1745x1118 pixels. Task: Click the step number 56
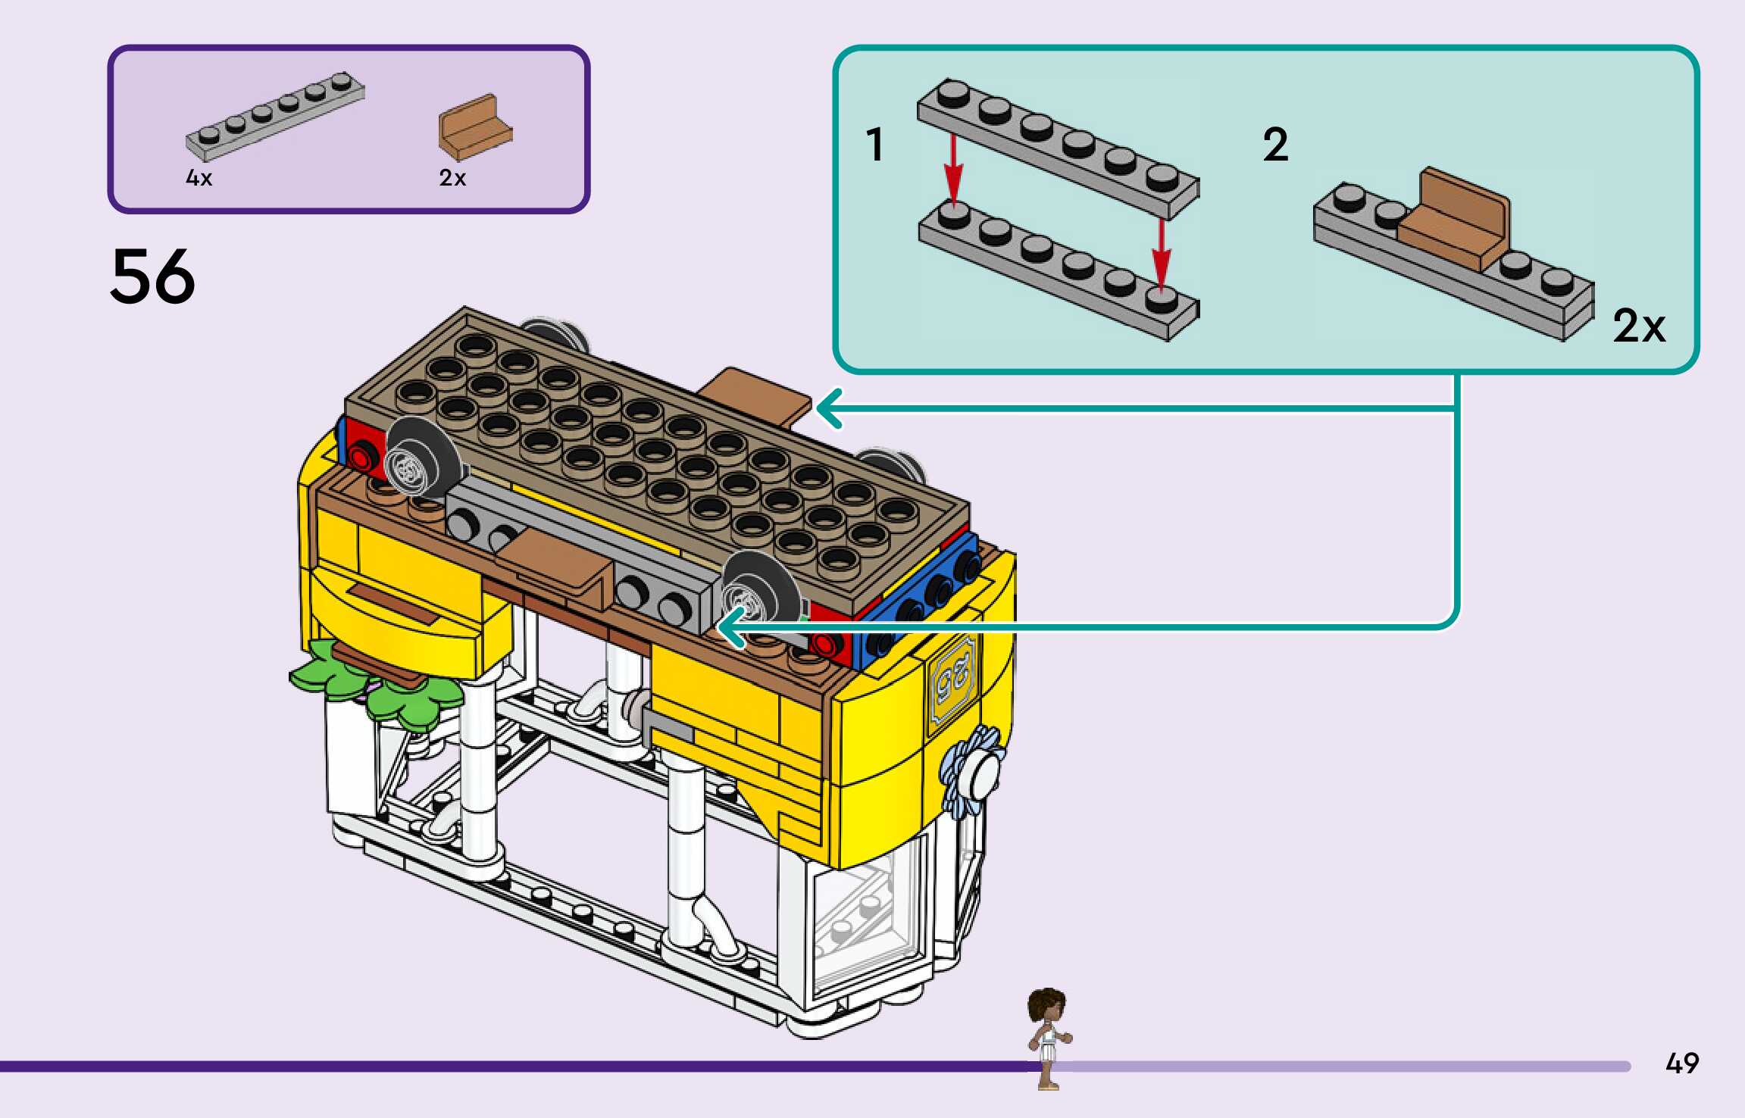pyautogui.click(x=152, y=276)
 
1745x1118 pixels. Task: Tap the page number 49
pyautogui.click(x=1681, y=1063)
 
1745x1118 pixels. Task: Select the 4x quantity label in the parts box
pyautogui.click(x=199, y=178)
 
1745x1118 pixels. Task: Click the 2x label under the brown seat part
pyautogui.click(x=452, y=178)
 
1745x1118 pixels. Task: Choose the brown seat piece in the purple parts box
pyautogui.click(x=474, y=126)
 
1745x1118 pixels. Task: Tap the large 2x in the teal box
pyautogui.click(x=1639, y=326)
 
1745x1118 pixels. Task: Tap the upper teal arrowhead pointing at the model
pyautogui.click(x=828, y=408)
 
